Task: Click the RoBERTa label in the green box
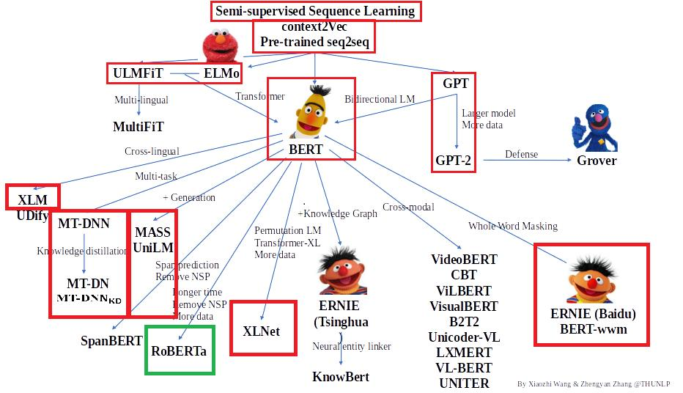(x=179, y=350)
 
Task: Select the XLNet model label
(x=261, y=331)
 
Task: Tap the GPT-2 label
(x=454, y=160)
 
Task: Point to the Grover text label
(x=597, y=161)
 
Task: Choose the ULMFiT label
(x=138, y=73)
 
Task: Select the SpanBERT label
(x=111, y=341)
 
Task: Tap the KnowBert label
(x=341, y=377)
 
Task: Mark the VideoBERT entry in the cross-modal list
(x=464, y=260)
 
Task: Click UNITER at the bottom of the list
(x=464, y=383)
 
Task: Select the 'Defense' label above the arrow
(x=521, y=154)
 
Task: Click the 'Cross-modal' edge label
(x=408, y=207)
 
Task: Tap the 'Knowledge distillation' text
(x=82, y=251)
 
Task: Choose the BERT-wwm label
(x=594, y=329)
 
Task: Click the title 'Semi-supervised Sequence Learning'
(x=315, y=11)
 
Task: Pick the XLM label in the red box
(x=32, y=199)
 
